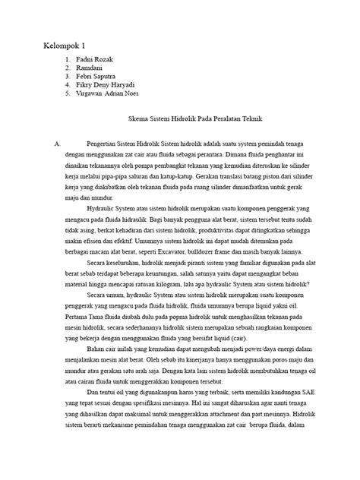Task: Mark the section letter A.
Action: pos(48,143)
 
